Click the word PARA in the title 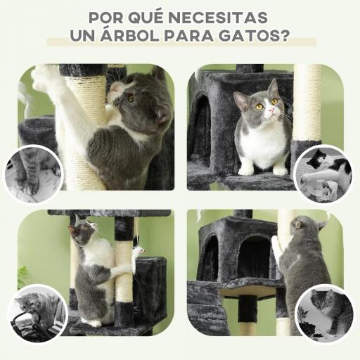pos(186,35)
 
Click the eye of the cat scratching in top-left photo pos(131,99)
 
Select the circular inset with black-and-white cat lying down pos(323,173)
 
